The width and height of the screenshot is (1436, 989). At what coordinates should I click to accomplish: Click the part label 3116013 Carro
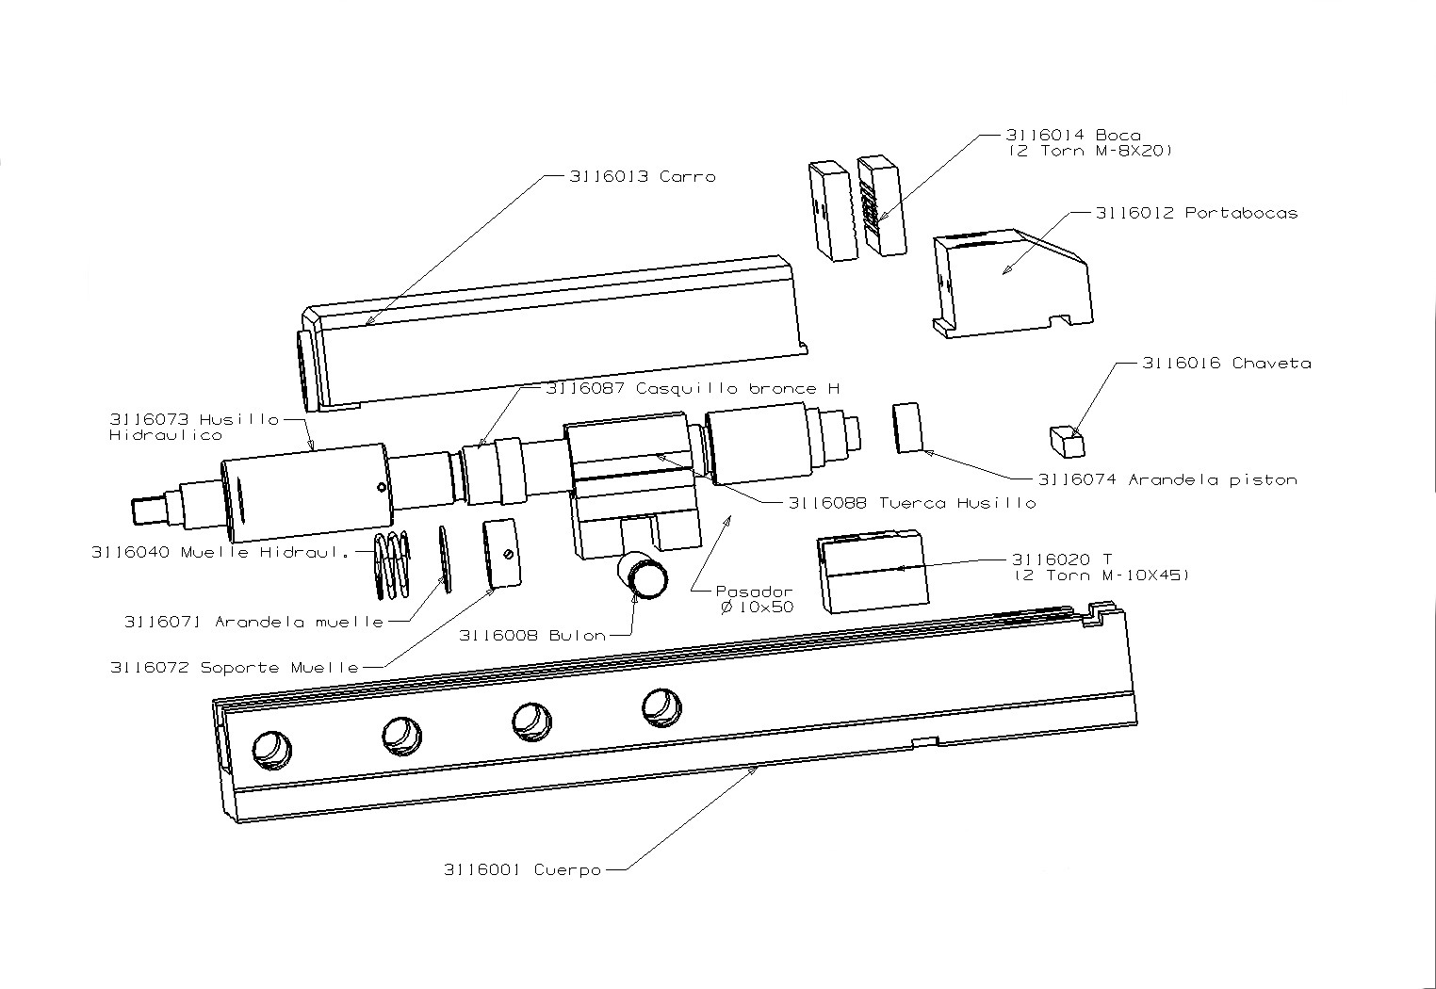click(x=642, y=176)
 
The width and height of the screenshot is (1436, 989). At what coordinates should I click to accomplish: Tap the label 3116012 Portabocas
click(x=1196, y=213)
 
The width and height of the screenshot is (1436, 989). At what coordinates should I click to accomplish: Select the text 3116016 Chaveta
click(x=1226, y=363)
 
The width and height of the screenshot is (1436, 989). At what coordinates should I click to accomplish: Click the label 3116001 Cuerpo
click(x=522, y=869)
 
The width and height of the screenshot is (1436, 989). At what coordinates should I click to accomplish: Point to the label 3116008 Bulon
click(x=532, y=635)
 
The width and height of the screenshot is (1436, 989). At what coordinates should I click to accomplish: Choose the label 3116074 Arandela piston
click(x=1167, y=479)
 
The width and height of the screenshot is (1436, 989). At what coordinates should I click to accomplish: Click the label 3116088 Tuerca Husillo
click(x=911, y=503)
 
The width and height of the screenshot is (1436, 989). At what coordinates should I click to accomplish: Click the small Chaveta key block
click(x=1066, y=439)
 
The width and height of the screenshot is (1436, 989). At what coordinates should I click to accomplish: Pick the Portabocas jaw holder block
click(x=1013, y=283)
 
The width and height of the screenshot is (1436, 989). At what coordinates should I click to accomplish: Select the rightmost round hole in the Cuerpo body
click(x=661, y=707)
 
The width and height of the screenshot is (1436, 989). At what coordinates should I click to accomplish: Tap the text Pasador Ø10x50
click(x=754, y=600)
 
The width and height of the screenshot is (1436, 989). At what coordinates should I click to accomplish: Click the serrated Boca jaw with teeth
click(x=881, y=204)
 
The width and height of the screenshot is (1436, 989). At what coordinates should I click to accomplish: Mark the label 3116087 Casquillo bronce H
click(x=693, y=388)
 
